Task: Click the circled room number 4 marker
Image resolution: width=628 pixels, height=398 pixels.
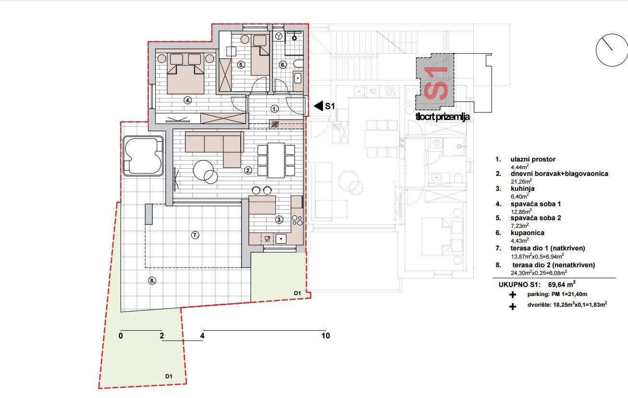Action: point(188,100)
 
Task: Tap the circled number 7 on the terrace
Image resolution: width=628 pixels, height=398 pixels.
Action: point(195,235)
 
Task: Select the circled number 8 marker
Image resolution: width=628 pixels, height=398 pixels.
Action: point(152,281)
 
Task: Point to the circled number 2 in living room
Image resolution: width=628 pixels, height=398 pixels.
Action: point(248,170)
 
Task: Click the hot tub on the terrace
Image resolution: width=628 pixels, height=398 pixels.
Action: point(143,156)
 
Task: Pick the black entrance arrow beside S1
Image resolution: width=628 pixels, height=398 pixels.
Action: point(317,106)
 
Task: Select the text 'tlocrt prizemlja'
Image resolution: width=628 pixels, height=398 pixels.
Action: point(443,116)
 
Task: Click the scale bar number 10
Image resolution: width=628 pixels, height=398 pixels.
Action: point(326,336)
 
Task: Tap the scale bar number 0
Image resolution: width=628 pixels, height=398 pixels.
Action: point(121,336)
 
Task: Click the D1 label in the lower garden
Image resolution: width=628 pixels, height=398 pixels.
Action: point(169,376)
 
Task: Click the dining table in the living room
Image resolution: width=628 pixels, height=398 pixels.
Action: point(276,160)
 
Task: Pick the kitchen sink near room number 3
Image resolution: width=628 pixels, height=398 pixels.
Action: point(281,237)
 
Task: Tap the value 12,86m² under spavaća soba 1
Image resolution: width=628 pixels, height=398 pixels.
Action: point(521,211)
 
